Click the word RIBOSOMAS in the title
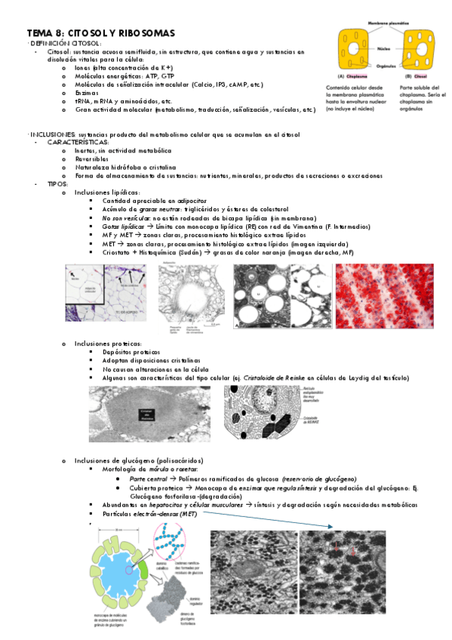(147, 33)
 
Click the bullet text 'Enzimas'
(88, 92)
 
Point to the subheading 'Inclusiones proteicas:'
(108, 343)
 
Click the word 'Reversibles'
(93, 158)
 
